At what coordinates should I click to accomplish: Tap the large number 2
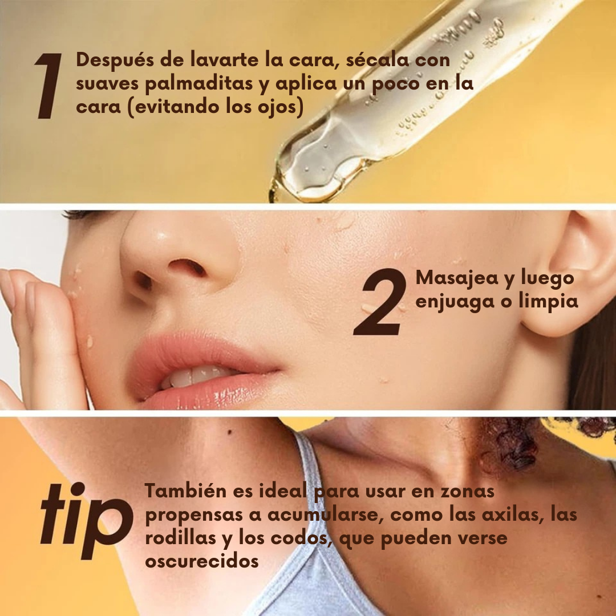point(380,302)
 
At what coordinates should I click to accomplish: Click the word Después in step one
point(114,60)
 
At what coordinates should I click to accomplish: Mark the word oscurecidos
point(202,561)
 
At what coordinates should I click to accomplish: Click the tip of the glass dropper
point(273,196)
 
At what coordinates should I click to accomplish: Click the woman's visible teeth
point(196,376)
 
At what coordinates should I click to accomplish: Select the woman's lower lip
point(208,391)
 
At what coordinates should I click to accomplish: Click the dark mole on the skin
point(230,432)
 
